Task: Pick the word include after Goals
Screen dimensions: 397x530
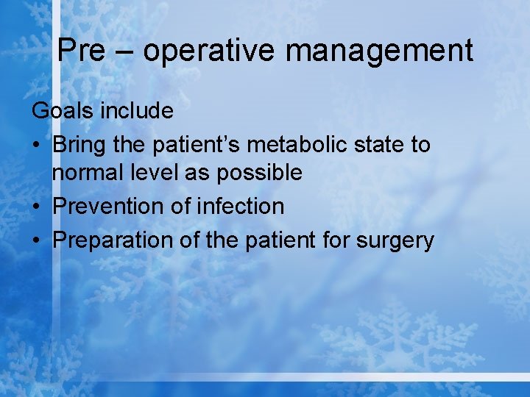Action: point(137,110)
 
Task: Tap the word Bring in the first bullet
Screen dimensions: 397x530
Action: point(79,145)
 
